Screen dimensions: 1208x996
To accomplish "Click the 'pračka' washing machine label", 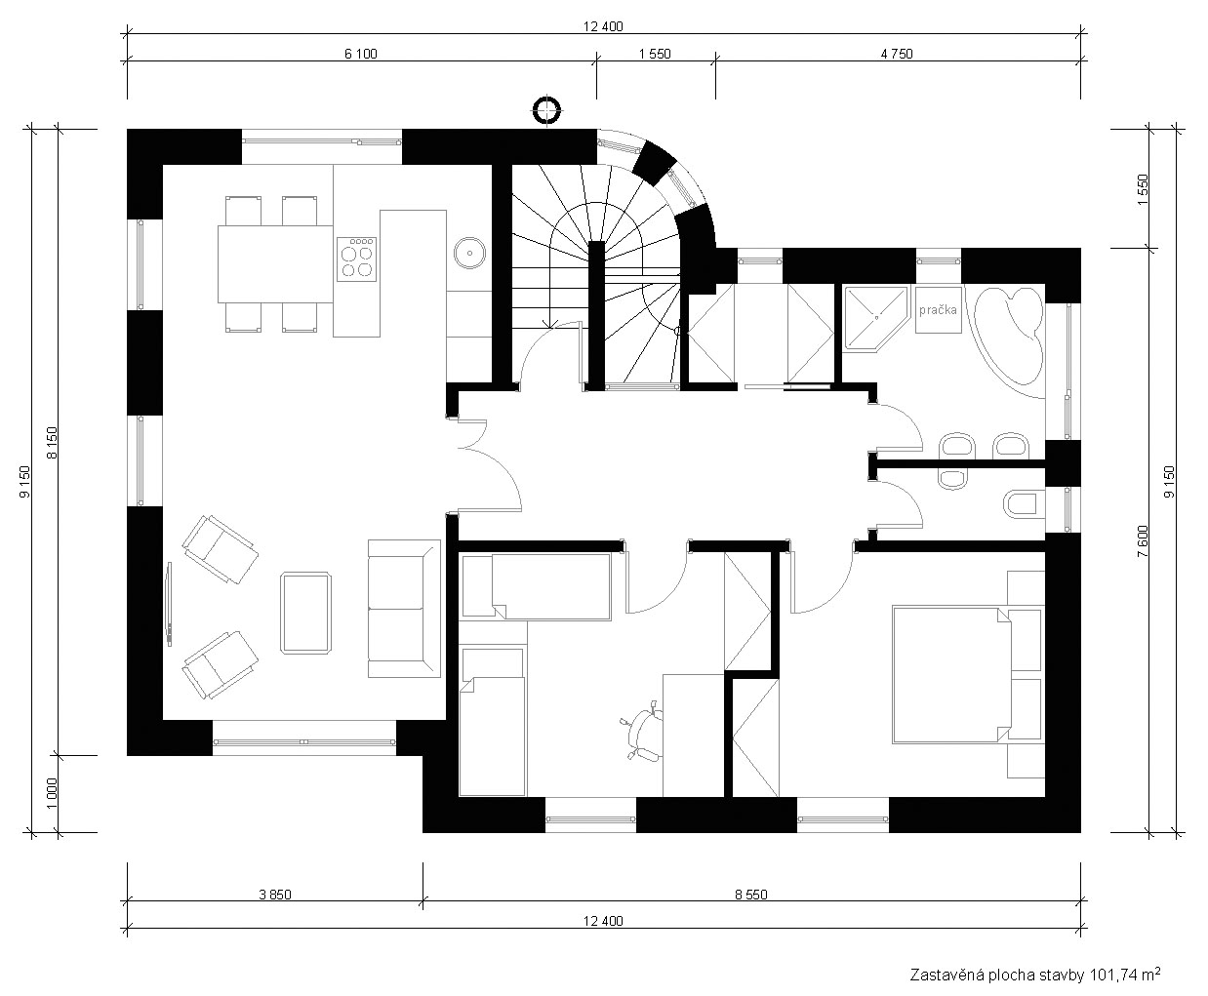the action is click(938, 310).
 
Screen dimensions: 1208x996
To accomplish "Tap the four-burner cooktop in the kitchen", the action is click(356, 259).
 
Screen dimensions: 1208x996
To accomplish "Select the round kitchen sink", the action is click(469, 253).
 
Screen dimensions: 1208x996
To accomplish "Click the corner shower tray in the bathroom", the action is click(875, 318).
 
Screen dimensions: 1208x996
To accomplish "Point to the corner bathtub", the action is click(1010, 341).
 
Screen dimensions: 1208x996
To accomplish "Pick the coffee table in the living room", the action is click(306, 613).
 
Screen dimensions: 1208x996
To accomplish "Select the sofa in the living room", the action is click(404, 609).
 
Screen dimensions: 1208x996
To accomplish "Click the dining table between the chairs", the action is click(275, 263).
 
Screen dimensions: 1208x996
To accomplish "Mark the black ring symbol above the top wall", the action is click(546, 110).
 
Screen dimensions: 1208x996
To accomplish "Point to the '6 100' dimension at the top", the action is click(360, 54).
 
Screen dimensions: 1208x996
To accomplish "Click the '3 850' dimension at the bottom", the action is click(275, 895).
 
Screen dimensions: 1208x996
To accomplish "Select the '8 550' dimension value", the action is click(751, 895).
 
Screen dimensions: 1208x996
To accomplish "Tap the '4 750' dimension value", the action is click(897, 54).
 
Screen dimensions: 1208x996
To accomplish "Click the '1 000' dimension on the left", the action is click(52, 793).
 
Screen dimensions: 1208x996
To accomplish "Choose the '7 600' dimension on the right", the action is click(1143, 540).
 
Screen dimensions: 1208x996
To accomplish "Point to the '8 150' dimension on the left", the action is click(52, 443).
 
